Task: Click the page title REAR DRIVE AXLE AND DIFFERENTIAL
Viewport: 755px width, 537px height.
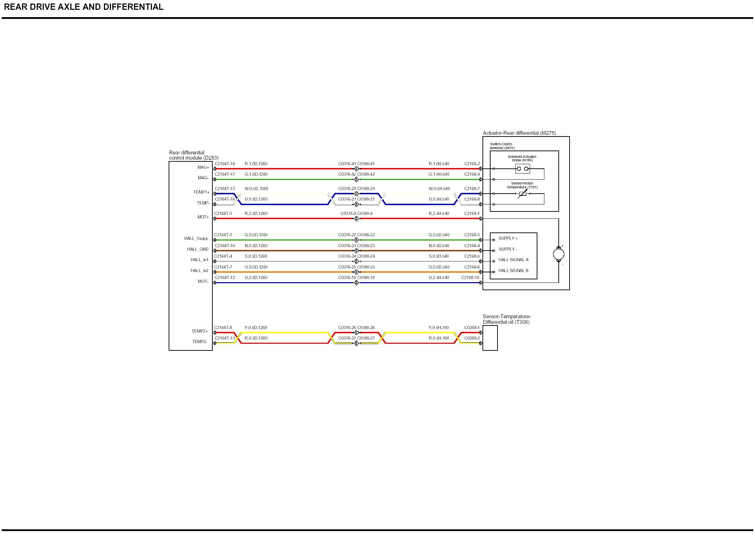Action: [x=84, y=7]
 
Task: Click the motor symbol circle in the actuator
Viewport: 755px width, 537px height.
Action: [x=558, y=254]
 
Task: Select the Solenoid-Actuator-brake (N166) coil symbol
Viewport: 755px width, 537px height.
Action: [x=522, y=169]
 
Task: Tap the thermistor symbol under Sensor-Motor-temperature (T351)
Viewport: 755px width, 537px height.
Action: [x=522, y=193]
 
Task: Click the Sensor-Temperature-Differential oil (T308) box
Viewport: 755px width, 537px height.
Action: [x=490, y=338]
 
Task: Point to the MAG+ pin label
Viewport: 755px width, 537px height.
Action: [x=203, y=167]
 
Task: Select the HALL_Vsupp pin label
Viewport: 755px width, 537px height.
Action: [x=196, y=238]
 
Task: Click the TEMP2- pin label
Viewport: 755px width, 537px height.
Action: [x=199, y=342]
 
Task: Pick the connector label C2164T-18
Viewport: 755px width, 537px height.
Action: [x=225, y=164]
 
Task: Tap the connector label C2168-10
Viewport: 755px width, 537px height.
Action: [x=470, y=278]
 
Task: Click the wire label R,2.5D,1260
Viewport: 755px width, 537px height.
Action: [x=256, y=214]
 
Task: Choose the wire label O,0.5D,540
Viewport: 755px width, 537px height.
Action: [x=439, y=267]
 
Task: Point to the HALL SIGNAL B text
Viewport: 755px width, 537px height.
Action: [x=513, y=271]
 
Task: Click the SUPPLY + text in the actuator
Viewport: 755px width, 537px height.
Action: [x=508, y=238]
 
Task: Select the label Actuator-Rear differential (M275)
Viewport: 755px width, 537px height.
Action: [x=519, y=133]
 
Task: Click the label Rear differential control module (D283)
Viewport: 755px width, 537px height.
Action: [x=193, y=155]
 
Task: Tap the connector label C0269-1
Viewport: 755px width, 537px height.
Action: [x=472, y=328]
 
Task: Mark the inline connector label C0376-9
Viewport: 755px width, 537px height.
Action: [x=348, y=214]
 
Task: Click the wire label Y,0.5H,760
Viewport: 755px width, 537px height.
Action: [x=439, y=328]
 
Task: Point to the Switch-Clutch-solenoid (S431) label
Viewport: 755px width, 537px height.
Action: [x=502, y=146]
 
